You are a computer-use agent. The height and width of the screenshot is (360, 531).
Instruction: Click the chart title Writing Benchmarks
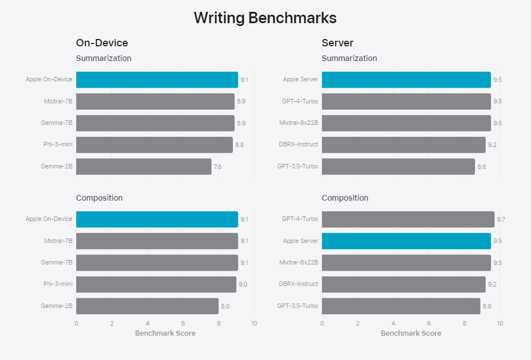click(x=265, y=18)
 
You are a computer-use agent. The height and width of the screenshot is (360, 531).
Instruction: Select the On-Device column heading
click(x=102, y=43)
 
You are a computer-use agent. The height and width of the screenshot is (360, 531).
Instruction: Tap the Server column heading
click(x=337, y=43)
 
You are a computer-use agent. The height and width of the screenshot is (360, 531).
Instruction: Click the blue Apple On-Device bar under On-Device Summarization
click(x=157, y=80)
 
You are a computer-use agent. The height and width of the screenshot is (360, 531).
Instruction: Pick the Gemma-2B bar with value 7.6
click(x=143, y=167)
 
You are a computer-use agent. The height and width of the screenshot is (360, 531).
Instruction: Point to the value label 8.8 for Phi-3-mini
click(x=240, y=145)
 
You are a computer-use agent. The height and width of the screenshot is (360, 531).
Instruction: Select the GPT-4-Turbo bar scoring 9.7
click(x=408, y=219)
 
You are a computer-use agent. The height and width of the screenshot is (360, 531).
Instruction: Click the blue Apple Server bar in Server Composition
click(x=406, y=241)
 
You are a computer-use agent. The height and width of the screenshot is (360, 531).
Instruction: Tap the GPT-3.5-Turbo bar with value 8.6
click(x=398, y=167)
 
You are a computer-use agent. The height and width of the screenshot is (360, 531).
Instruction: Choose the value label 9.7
click(x=500, y=219)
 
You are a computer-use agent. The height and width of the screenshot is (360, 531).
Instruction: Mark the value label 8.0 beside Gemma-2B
click(x=225, y=306)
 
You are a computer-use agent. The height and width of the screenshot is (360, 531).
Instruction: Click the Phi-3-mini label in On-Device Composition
click(x=58, y=284)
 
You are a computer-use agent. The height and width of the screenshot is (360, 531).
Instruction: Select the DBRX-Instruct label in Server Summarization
click(x=299, y=144)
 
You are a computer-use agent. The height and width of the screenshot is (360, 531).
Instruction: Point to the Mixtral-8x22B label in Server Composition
click(x=298, y=262)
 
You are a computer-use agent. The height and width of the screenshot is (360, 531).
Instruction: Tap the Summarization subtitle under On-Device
click(x=103, y=58)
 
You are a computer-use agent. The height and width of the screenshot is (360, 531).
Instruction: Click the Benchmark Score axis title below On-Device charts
click(x=165, y=333)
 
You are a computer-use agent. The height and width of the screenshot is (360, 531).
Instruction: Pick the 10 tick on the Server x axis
click(x=499, y=323)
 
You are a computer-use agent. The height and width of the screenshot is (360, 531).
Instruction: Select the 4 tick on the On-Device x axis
click(x=147, y=323)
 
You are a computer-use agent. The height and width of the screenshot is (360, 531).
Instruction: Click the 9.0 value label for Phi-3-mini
click(x=243, y=284)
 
